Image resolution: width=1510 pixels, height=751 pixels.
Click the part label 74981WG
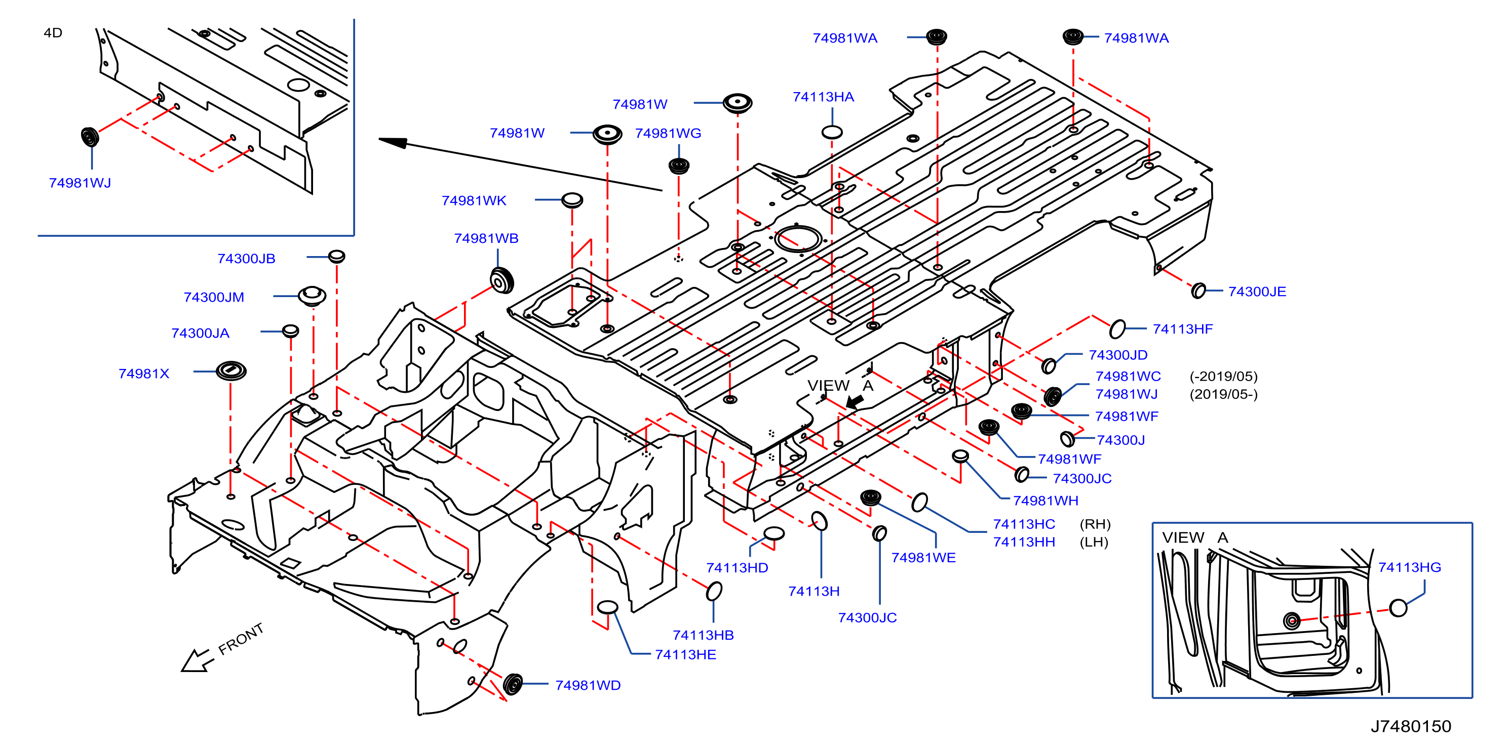(x=668, y=134)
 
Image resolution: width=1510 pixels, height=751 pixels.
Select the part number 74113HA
(x=823, y=97)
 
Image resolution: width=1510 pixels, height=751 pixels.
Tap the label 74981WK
(x=474, y=201)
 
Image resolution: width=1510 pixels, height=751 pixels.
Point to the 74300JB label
(x=246, y=259)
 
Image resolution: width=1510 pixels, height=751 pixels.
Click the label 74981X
(x=144, y=374)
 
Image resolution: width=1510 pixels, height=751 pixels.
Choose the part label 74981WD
(x=588, y=685)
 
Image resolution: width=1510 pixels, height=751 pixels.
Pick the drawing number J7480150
(x=1410, y=726)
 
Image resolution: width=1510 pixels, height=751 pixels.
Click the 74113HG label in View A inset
(x=1409, y=567)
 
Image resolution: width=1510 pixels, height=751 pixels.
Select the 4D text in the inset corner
(x=53, y=33)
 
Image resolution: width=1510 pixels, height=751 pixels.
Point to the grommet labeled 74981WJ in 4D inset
(x=90, y=137)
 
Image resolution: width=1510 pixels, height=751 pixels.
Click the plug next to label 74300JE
(x=1199, y=290)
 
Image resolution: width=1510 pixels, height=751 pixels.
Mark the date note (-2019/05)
(x=1223, y=376)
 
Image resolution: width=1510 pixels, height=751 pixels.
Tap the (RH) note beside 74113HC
(x=1095, y=524)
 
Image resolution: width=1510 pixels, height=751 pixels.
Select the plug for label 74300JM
(x=312, y=296)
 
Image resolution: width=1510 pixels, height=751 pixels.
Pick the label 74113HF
(x=1182, y=329)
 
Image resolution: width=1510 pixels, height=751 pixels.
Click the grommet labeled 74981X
(x=231, y=371)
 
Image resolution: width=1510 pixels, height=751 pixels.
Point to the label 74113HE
(x=685, y=655)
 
